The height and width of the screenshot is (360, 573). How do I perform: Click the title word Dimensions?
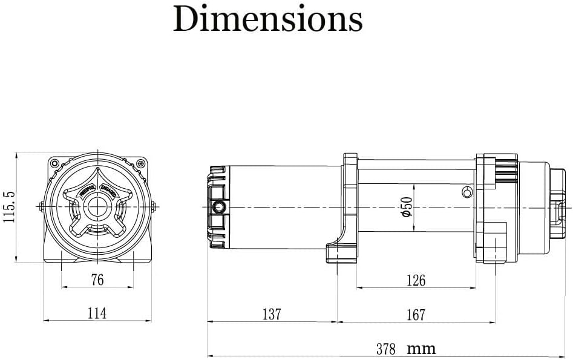(267, 19)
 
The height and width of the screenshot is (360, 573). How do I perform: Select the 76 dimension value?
(97, 280)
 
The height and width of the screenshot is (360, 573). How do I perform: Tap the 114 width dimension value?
(97, 313)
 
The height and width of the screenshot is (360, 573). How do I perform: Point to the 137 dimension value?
(272, 314)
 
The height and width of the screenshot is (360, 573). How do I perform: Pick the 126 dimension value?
(416, 280)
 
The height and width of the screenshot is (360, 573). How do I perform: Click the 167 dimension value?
(416, 315)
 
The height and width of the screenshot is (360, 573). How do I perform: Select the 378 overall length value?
(385, 349)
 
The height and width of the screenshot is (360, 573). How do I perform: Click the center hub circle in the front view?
(97, 207)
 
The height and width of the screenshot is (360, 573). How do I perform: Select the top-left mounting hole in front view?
(54, 163)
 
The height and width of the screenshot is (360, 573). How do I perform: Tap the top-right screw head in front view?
(140, 163)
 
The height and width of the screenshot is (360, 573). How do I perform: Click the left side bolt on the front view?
(40, 206)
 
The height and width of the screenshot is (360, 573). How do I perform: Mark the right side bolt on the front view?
(156, 206)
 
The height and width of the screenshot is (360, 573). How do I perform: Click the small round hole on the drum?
(465, 193)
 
